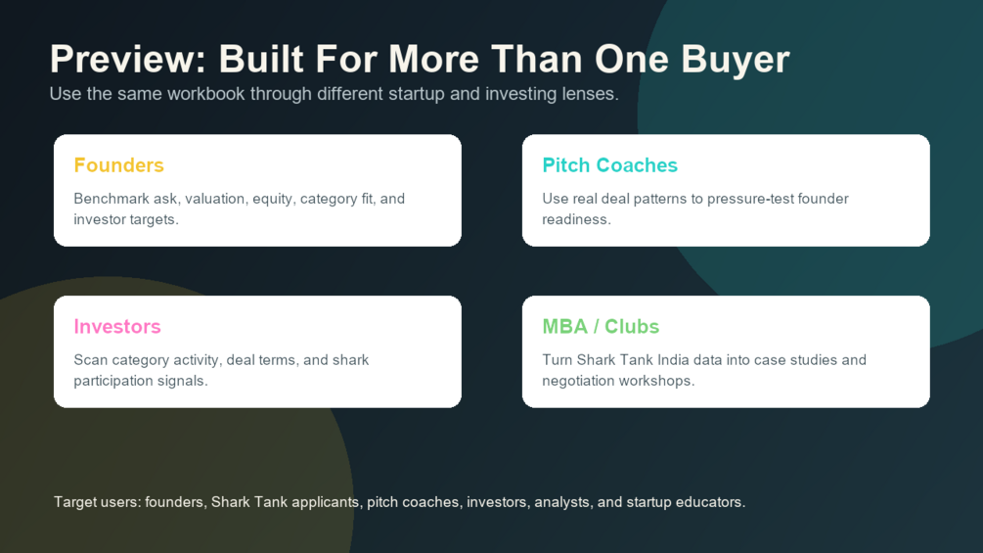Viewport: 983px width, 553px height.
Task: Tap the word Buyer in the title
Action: pos(735,60)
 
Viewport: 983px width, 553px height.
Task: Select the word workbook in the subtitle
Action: pos(206,94)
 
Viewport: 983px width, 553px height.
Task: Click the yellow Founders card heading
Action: pos(118,164)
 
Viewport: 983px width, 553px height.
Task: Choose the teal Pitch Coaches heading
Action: pos(610,164)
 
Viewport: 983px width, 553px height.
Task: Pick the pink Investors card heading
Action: pos(117,326)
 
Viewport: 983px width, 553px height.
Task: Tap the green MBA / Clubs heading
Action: pos(601,326)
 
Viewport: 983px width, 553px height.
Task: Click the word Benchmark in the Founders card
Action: pos(112,199)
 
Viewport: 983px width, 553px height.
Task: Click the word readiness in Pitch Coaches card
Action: pos(576,219)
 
